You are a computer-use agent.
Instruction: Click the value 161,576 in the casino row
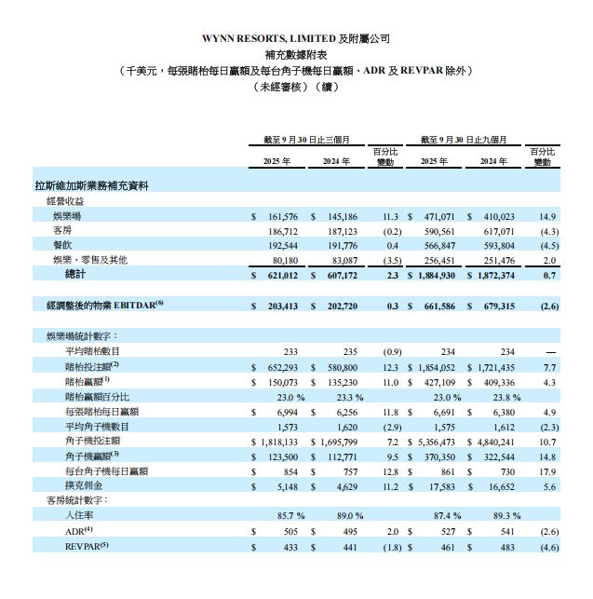(x=279, y=215)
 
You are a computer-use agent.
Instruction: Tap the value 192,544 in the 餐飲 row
(x=279, y=244)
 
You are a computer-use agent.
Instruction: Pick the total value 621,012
(x=279, y=275)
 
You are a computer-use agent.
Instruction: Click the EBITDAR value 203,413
(x=279, y=305)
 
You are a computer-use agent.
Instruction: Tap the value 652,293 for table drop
(x=279, y=366)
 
